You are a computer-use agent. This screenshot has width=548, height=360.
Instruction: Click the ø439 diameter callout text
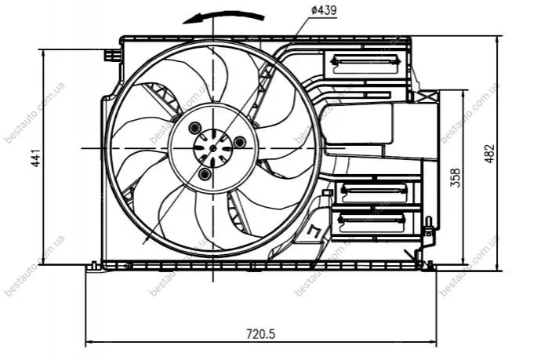(323, 10)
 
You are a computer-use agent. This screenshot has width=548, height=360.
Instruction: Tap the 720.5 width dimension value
(261, 334)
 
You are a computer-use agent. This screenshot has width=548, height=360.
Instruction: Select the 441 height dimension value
(36, 158)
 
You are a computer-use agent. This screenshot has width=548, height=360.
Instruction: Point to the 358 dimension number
(455, 178)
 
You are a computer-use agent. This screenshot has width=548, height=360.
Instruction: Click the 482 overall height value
(490, 153)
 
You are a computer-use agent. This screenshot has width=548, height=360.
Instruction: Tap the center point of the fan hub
(212, 148)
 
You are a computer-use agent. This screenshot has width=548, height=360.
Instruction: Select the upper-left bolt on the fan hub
(194, 128)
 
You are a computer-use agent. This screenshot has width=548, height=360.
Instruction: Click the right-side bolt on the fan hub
(239, 142)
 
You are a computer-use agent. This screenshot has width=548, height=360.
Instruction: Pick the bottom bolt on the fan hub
(205, 173)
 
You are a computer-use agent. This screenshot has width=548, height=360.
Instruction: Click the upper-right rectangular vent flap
(365, 64)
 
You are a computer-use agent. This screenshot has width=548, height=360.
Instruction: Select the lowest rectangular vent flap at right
(372, 223)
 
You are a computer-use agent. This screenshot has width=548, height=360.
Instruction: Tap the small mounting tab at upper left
(112, 55)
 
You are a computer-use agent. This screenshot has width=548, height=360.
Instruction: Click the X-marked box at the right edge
(426, 96)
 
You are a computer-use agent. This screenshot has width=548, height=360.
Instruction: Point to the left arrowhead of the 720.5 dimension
(89, 341)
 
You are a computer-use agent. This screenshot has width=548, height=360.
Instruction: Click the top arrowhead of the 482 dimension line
(498, 39)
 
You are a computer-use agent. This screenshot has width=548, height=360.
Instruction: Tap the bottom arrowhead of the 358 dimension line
(464, 260)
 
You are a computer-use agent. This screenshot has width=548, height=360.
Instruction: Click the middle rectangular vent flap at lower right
(374, 193)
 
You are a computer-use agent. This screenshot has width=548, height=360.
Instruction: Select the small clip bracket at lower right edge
(428, 227)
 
